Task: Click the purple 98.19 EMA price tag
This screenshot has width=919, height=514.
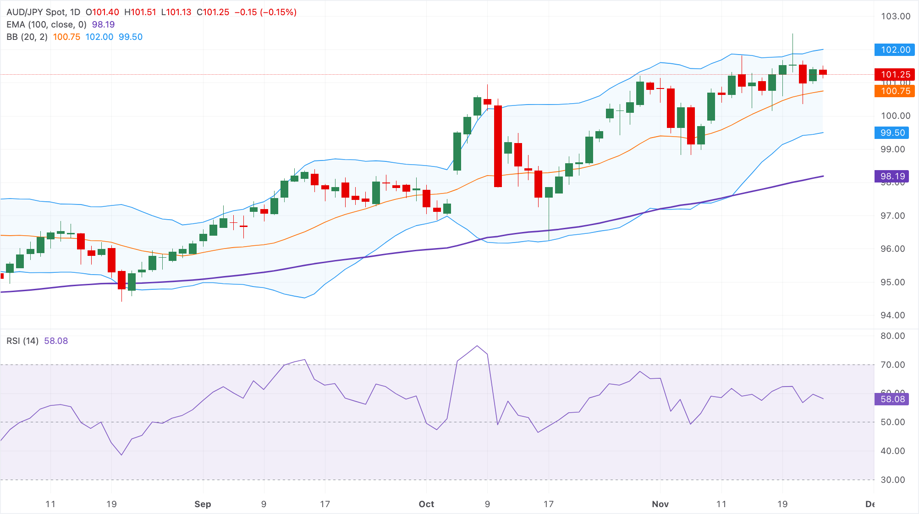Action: [892, 176]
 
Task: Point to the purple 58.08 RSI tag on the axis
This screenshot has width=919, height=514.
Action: [892, 399]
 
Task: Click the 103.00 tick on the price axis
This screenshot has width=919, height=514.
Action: [895, 17]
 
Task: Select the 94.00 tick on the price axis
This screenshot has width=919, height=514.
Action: [892, 315]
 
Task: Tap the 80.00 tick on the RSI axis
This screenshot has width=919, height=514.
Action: [892, 336]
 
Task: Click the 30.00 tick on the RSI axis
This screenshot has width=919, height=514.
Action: [892, 480]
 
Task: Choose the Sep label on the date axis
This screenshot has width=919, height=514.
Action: [203, 504]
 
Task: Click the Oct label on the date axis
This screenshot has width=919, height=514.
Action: [426, 504]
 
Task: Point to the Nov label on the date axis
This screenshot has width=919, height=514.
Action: [660, 504]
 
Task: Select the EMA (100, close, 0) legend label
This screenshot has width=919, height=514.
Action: [46, 25]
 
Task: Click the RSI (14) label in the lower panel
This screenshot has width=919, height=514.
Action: [22, 341]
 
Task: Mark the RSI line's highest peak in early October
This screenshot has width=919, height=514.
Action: [477, 346]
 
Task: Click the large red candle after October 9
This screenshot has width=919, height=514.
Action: [498, 146]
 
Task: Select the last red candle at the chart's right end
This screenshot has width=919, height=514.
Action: [823, 72]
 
